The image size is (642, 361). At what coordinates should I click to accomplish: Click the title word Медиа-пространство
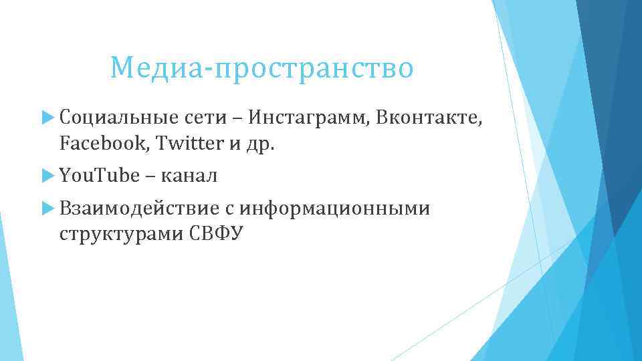click(262, 68)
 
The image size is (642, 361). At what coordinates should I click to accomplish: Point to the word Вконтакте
click(428, 118)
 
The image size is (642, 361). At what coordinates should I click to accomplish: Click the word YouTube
click(100, 176)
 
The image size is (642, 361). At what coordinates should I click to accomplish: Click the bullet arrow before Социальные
click(47, 118)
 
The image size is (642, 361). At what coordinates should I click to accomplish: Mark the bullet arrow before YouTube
click(47, 176)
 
